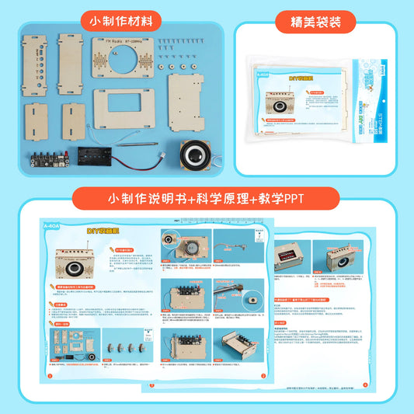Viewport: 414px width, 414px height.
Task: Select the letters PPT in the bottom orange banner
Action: (289, 200)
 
